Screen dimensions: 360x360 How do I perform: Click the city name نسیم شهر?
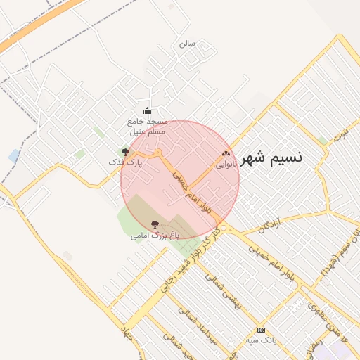tap(271, 157)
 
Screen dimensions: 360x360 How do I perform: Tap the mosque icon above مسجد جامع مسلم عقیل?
tap(147, 110)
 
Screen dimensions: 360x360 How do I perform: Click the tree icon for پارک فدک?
tap(125, 151)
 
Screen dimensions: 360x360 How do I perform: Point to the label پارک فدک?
tap(124, 162)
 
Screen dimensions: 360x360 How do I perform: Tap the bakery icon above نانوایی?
tap(226, 153)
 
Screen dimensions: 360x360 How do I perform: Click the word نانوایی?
tap(225, 165)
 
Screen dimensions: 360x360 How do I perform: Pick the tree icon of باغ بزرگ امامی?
tap(155, 224)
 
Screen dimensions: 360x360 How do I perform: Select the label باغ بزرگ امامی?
tap(155, 236)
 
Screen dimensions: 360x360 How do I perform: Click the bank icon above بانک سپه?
tap(261, 330)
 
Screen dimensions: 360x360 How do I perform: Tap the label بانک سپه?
tap(260, 341)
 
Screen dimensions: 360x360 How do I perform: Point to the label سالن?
tap(186, 44)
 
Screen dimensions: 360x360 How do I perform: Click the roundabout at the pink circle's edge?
tap(222, 226)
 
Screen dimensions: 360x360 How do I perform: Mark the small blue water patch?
tap(14, 155)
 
